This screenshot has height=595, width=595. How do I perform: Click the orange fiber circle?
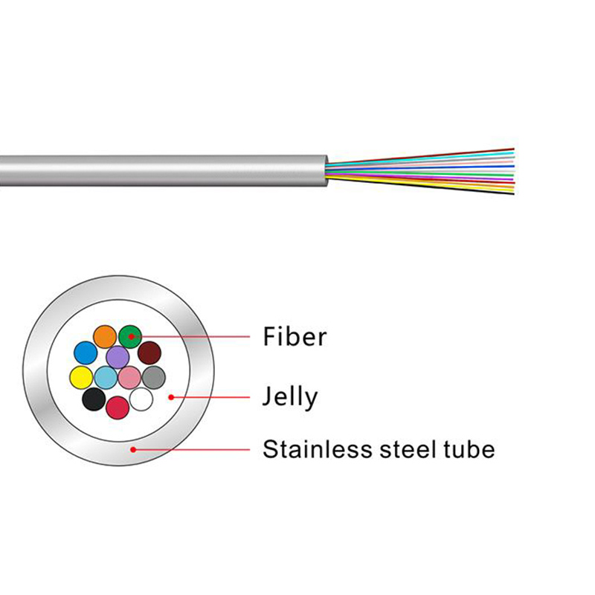pyautogui.click(x=105, y=337)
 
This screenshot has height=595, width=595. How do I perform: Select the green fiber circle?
pyautogui.click(x=130, y=337)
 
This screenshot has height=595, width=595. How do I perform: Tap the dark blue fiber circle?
pyautogui.click(x=86, y=353)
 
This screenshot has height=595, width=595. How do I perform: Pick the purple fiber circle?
pyautogui.click(x=118, y=357)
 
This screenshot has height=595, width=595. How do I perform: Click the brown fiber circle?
pyautogui.click(x=149, y=353)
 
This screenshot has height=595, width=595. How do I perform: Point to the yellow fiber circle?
pyautogui.click(x=82, y=378)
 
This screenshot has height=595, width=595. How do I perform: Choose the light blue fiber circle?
pyautogui.click(x=106, y=378)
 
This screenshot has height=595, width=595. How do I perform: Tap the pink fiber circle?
pyautogui.click(x=129, y=378)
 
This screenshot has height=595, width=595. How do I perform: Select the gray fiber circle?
pyautogui.click(x=154, y=378)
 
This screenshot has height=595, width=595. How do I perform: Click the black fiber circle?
pyautogui.click(x=94, y=399)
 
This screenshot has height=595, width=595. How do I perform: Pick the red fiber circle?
pyautogui.click(x=118, y=408)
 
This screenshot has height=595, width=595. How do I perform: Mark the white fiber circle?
pyautogui.click(x=141, y=399)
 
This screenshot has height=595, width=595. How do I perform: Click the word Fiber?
pyautogui.click(x=295, y=337)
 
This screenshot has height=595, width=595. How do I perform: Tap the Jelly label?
pyautogui.click(x=290, y=398)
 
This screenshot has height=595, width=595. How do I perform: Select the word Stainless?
pyautogui.click(x=318, y=449)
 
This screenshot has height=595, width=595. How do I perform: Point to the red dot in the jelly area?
pyautogui.click(x=171, y=397)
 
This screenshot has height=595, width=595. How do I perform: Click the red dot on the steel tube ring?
pyautogui.click(x=133, y=450)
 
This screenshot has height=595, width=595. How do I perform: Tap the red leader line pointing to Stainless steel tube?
pyautogui.click(x=192, y=450)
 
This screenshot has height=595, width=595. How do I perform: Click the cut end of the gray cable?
pyautogui.click(x=326, y=171)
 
